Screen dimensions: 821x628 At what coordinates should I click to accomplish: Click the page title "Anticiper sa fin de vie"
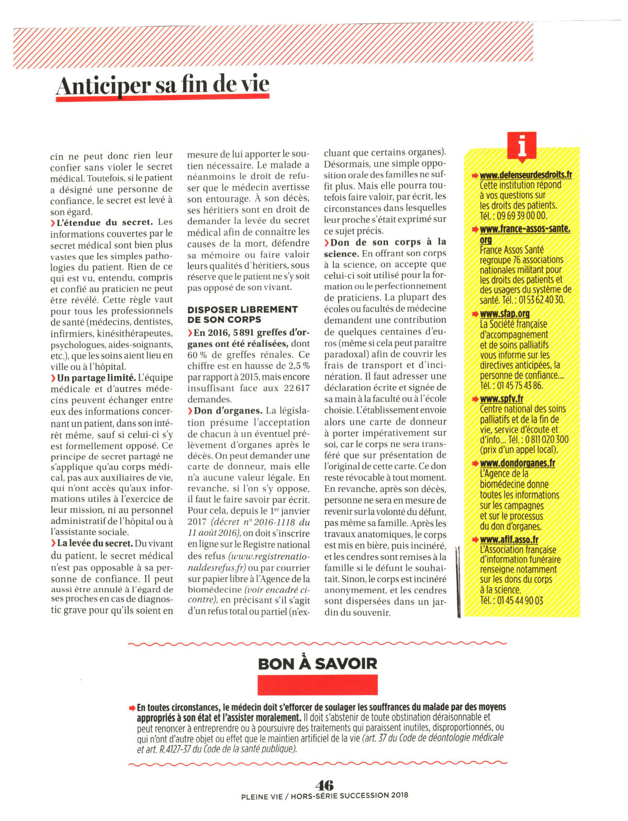click(163, 85)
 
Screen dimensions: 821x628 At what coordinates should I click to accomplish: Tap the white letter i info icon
click(522, 146)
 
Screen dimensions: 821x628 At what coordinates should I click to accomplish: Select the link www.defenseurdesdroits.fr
click(525, 174)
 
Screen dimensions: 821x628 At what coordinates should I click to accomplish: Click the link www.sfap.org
click(504, 313)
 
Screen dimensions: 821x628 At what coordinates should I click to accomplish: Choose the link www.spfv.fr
click(501, 399)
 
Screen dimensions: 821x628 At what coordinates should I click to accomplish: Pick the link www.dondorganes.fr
click(517, 463)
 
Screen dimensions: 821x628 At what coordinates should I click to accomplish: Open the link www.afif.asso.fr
click(509, 539)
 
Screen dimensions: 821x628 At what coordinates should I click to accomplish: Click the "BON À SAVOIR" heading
click(317, 663)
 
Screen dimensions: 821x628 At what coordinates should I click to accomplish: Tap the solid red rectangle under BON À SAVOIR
click(317, 685)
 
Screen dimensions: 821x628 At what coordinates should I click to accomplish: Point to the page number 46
click(324, 784)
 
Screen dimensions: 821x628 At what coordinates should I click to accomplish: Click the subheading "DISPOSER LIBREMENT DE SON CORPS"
click(242, 314)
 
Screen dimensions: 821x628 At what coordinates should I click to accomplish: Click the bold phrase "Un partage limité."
click(96, 378)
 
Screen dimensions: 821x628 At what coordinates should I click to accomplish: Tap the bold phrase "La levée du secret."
click(95, 543)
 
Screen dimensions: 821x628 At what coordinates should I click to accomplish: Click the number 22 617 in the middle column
click(297, 388)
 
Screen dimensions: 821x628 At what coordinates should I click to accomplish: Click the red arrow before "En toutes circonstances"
click(132, 707)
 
